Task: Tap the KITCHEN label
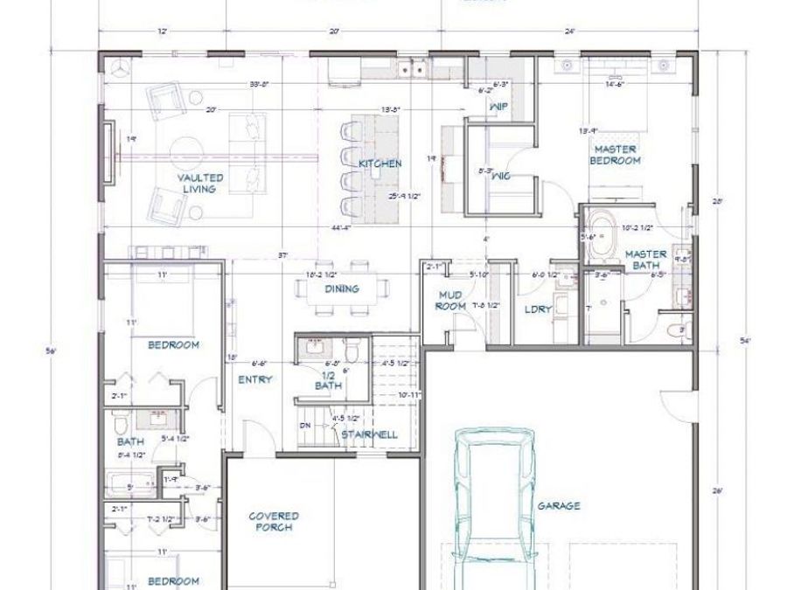coord(380,163)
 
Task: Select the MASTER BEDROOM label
coord(615,155)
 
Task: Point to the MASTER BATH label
coord(646,260)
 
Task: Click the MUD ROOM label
coord(449,302)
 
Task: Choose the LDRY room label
coord(537,309)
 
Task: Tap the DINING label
coord(343,289)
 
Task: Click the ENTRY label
coord(254,379)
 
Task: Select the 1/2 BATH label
coord(328,379)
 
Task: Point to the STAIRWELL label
coord(369,434)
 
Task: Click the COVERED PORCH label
coord(274,522)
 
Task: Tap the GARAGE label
coord(559,505)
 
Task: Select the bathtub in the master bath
coord(602,234)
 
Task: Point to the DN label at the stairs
coord(304,425)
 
